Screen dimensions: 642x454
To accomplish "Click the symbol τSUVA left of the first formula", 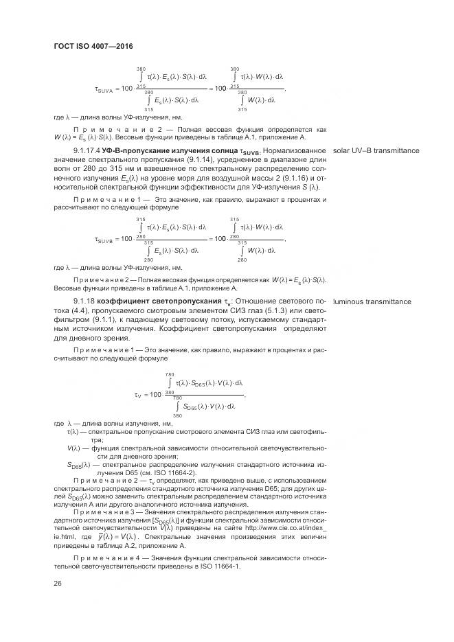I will click(106, 89).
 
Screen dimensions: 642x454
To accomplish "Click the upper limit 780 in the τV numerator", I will click(169, 374).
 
